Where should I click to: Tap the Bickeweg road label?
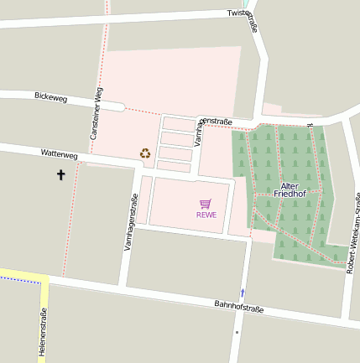tap(50, 96)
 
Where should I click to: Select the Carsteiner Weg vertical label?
tap(96, 113)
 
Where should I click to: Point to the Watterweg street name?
tap(59, 154)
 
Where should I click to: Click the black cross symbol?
tap(60, 175)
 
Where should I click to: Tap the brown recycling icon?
tap(145, 153)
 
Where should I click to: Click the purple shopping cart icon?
tap(206, 204)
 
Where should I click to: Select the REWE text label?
tap(206, 215)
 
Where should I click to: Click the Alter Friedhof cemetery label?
tap(289, 189)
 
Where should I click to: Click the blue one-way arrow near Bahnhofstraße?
tap(243, 293)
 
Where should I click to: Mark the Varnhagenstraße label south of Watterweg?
tap(130, 224)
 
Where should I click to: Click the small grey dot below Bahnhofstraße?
tap(237, 333)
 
